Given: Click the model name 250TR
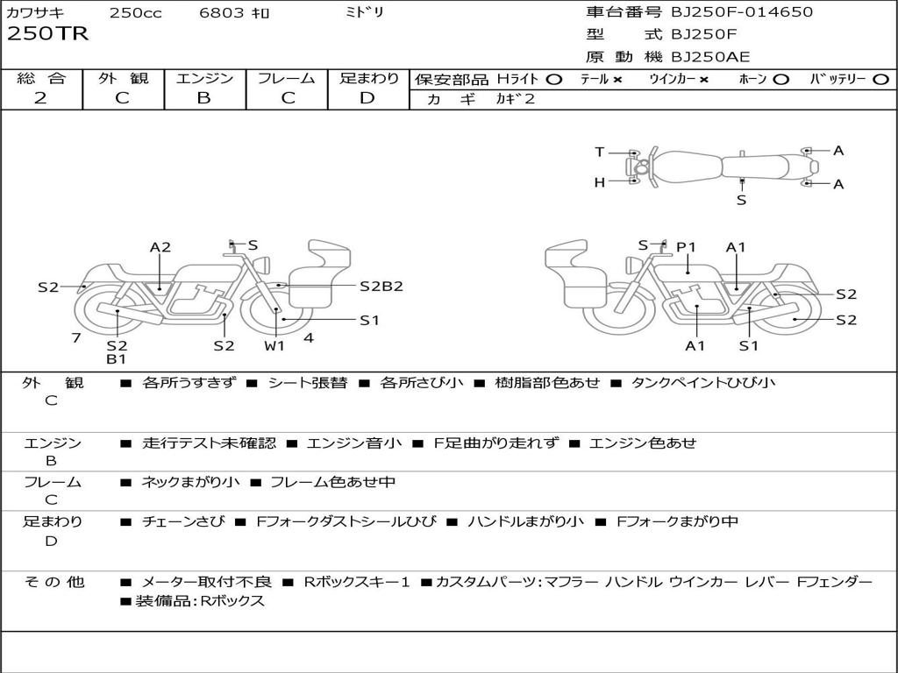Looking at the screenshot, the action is (x=47, y=34).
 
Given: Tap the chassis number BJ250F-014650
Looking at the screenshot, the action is (x=742, y=11).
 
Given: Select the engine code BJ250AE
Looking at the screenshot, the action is (x=710, y=57).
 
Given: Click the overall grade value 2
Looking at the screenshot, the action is (x=40, y=98).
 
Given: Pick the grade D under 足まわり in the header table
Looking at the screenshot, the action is (x=367, y=98).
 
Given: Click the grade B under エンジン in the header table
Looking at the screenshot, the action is (x=203, y=98).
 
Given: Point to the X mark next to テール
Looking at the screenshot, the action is (x=616, y=80).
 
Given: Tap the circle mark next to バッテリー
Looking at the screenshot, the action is (x=880, y=80).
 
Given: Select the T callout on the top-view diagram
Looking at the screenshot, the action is (x=600, y=152).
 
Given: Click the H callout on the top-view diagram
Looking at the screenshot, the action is (x=600, y=182).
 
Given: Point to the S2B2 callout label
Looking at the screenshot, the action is (x=381, y=287).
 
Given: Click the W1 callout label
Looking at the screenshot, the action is (x=274, y=345).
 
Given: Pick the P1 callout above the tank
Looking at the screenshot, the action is (x=686, y=247).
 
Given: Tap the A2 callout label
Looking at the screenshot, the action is (x=160, y=247).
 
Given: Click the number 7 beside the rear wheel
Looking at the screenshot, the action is (x=76, y=337).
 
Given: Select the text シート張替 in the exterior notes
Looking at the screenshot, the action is (x=308, y=382).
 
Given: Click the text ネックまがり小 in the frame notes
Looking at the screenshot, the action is (x=190, y=482).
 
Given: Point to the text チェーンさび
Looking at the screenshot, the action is (x=183, y=521).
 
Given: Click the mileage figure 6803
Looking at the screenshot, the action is (x=222, y=12).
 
